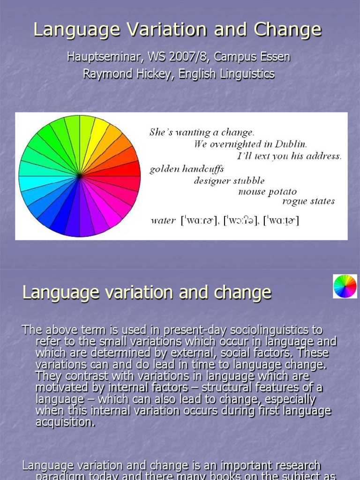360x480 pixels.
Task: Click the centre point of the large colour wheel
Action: [80, 176]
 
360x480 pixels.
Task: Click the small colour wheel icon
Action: [345, 286]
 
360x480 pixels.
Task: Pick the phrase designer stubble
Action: [229, 180]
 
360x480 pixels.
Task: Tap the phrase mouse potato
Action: [267, 191]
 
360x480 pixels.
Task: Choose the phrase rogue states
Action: [308, 202]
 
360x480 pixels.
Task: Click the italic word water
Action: [163, 220]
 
